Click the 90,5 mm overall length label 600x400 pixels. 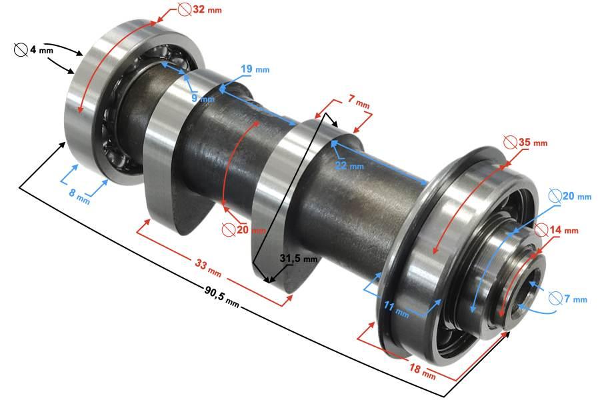point(222,296)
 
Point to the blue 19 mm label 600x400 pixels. point(255,69)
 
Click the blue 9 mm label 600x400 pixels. point(203,99)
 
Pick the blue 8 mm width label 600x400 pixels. point(79,195)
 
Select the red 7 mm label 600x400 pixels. point(359,101)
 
